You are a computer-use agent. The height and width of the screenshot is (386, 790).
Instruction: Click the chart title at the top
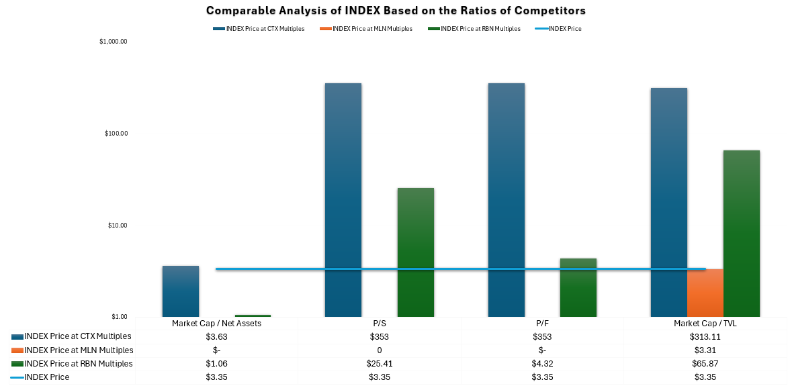395,11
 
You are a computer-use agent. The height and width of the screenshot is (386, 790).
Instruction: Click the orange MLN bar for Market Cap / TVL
705,293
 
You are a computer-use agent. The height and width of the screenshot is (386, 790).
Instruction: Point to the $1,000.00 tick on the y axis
114,42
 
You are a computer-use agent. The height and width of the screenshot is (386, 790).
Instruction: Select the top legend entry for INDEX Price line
564,29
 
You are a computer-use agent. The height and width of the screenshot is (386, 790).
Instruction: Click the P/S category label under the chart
379,324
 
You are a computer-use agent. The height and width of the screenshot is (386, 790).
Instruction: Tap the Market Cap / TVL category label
705,324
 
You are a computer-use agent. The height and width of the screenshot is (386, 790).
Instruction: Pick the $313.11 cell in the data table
705,337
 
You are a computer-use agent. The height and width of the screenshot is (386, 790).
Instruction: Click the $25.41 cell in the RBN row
379,364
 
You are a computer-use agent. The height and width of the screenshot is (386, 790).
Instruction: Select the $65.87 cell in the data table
705,364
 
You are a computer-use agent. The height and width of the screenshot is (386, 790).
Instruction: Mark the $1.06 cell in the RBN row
216,364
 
